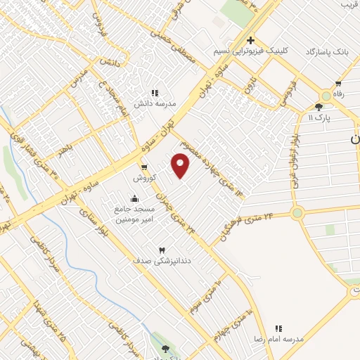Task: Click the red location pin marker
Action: click(x=181, y=165)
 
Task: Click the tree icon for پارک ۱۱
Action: click(x=319, y=107)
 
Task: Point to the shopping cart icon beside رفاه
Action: click(x=338, y=84)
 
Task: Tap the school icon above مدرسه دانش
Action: click(x=155, y=91)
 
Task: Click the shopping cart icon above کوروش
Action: click(x=144, y=167)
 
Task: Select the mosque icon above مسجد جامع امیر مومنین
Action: click(x=135, y=198)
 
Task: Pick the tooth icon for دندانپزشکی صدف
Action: click(x=161, y=250)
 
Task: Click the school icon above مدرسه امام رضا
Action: click(x=278, y=328)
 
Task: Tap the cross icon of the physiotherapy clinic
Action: click(x=250, y=41)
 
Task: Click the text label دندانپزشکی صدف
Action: click(x=162, y=261)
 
